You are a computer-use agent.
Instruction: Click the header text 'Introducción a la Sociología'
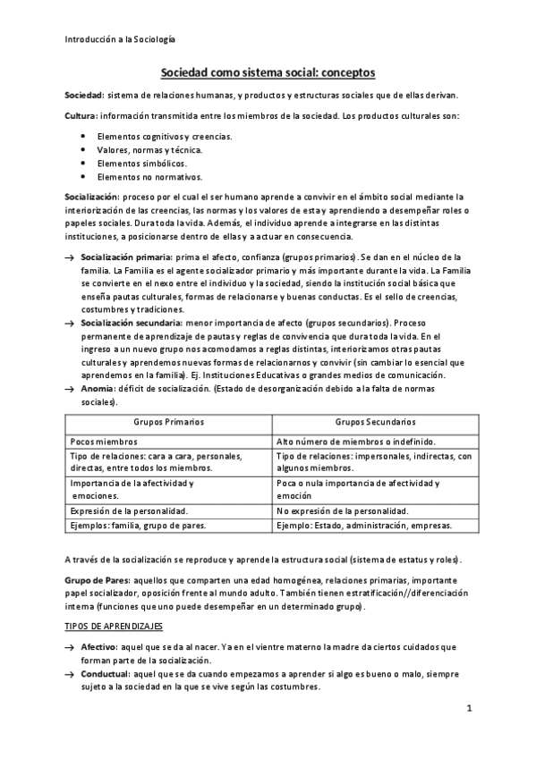(120, 39)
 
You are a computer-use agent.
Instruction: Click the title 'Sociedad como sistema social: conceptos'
(267, 73)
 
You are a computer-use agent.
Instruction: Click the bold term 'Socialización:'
(92, 196)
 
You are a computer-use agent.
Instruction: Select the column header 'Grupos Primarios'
(169, 421)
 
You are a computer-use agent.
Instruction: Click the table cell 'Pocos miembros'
(102, 441)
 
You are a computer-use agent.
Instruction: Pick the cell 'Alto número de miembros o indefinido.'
(356, 441)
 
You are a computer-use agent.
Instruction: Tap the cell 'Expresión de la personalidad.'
(129, 510)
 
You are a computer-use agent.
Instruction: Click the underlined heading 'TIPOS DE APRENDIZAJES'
(114, 627)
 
